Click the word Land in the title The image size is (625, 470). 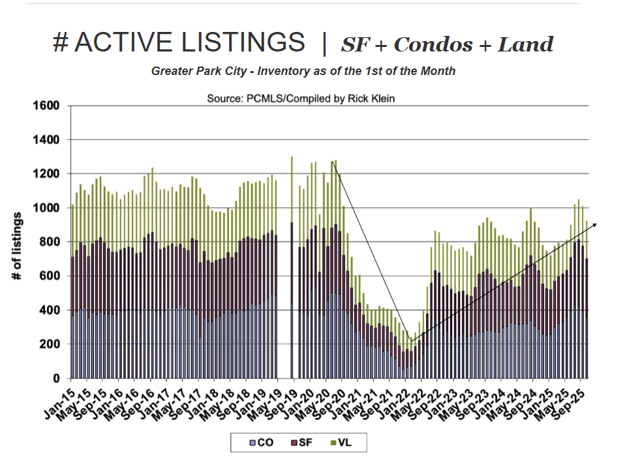(525, 44)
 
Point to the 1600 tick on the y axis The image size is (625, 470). (46, 106)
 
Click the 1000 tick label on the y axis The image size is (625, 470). (46, 208)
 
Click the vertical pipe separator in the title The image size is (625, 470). (324, 43)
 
